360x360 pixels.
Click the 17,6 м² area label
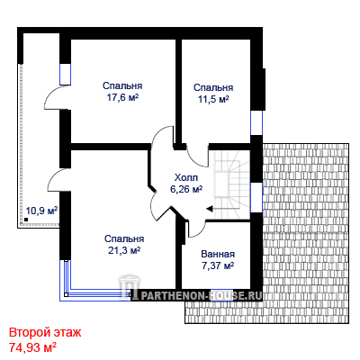[x=122, y=98]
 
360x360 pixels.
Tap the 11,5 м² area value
[x=213, y=99]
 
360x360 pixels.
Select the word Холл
[x=186, y=177]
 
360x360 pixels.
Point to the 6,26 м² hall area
[x=186, y=189]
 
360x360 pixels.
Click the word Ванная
[x=218, y=254]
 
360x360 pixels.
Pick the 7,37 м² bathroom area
[x=218, y=265]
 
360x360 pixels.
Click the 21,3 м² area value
[x=124, y=250]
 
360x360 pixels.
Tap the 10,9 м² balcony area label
[x=41, y=211]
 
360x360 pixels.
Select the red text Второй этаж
[x=45, y=333]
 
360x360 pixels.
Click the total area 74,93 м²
[x=32, y=347]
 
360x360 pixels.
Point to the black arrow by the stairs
[x=210, y=209]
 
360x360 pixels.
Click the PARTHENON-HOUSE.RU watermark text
[x=202, y=296]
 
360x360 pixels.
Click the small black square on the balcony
[x=26, y=220]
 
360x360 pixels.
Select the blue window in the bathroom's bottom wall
[x=222, y=295]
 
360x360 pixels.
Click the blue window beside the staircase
[x=256, y=197]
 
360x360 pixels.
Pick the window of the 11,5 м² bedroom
[x=256, y=123]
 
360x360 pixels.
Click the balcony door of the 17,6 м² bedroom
[x=57, y=98]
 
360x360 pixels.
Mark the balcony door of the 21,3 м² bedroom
[x=59, y=180]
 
